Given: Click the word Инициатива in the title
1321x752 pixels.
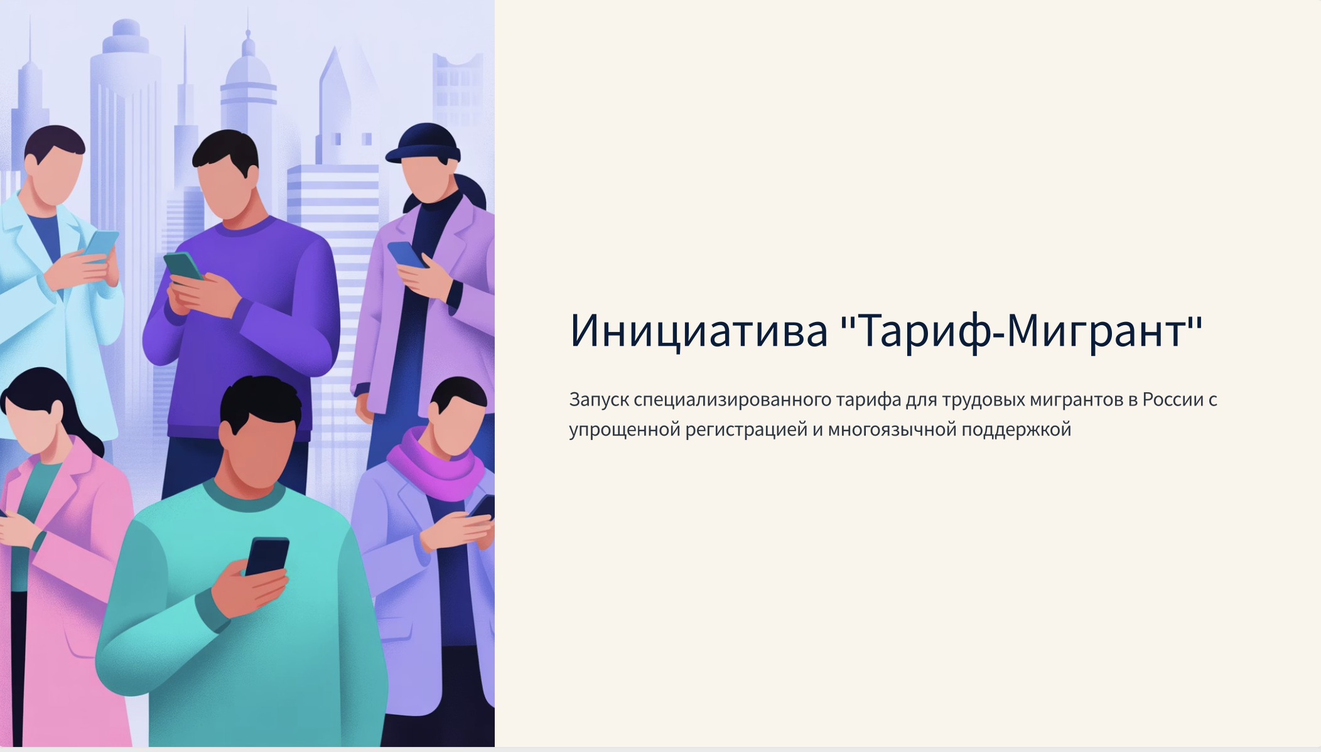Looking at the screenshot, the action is coord(699,330).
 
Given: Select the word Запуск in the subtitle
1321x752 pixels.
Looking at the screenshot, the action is coord(599,400).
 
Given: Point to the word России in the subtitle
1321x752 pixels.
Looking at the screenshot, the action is coord(1173,399).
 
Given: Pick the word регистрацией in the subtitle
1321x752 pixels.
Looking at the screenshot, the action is coord(747,430).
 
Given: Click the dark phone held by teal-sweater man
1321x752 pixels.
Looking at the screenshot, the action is coord(267,556).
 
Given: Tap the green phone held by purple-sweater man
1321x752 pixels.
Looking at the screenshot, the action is coord(183,267).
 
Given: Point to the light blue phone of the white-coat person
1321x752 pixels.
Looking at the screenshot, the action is coord(100,245).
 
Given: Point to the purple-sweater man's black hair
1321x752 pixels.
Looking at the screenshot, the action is coord(225,151).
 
